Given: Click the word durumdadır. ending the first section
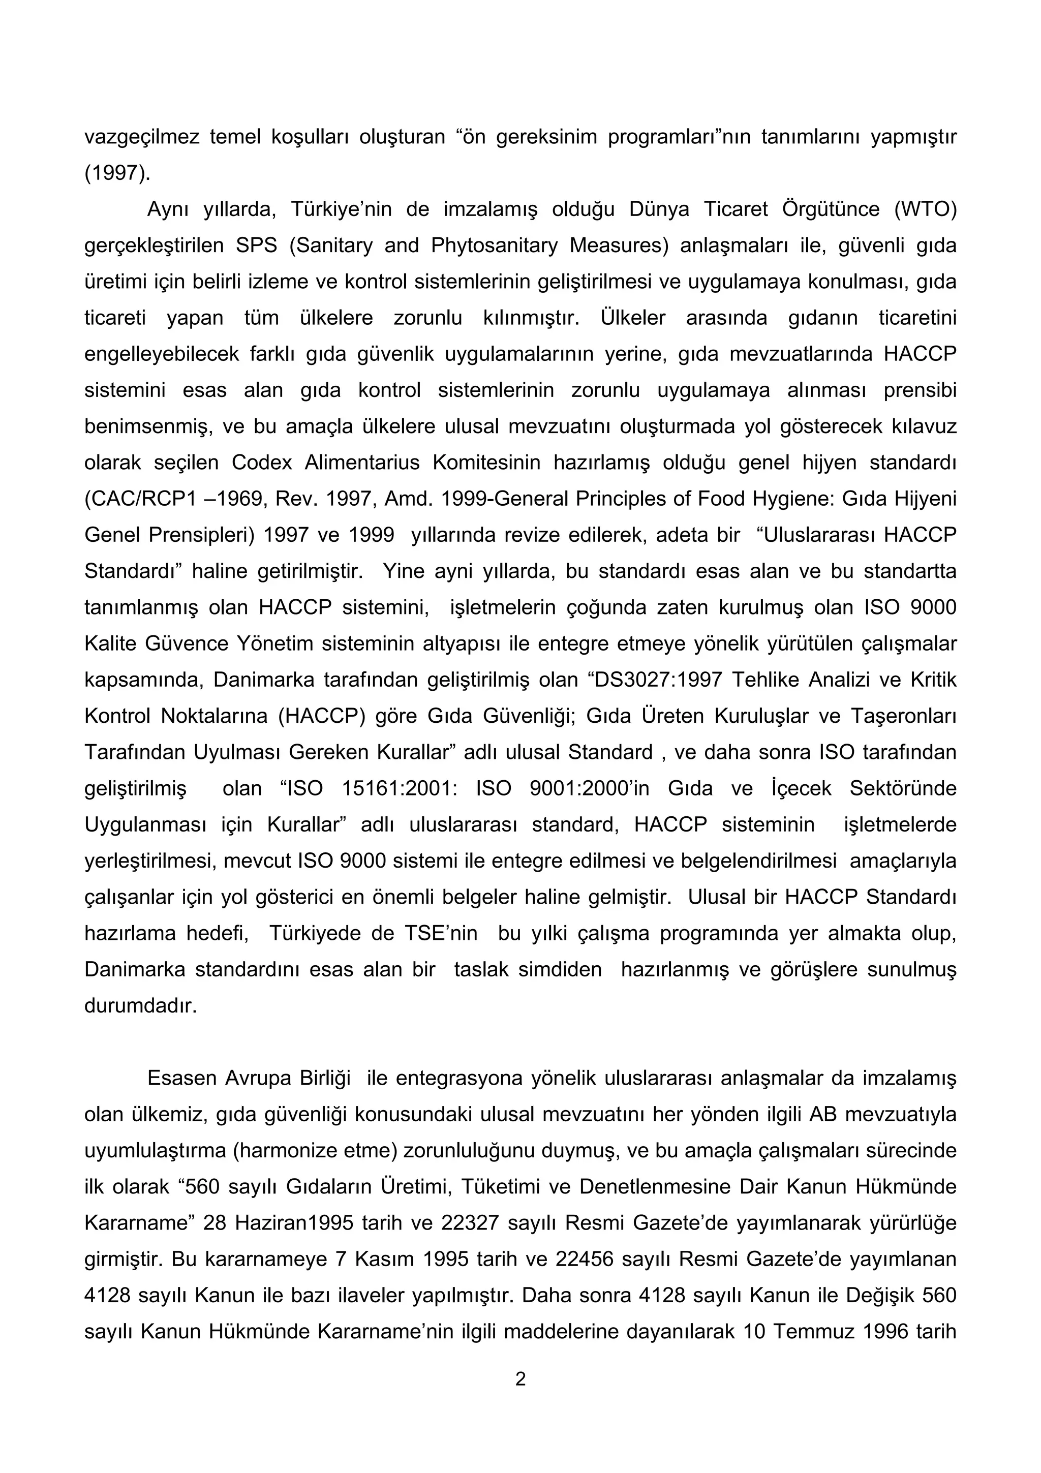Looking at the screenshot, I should pyautogui.click(x=140, y=1005).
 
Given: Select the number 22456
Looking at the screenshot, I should pyautogui.click(x=585, y=1260).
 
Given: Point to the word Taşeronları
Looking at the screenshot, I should pyautogui.click(x=904, y=716).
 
